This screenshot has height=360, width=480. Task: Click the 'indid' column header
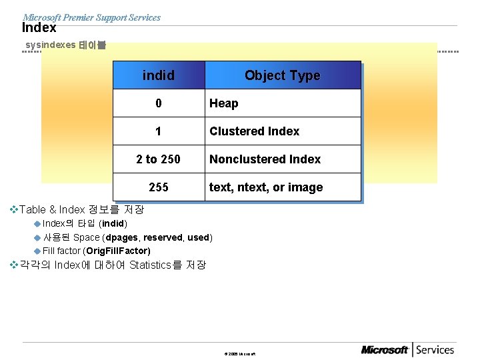[159, 75]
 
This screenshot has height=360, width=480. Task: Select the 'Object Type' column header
[282, 75]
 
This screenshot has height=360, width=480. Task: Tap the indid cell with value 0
[159, 103]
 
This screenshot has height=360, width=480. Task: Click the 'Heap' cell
[224, 103]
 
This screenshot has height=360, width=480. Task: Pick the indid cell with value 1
[159, 131]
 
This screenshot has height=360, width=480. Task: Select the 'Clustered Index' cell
[255, 131]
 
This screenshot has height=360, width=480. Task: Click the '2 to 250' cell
[159, 159]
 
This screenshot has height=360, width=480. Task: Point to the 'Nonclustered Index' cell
[265, 159]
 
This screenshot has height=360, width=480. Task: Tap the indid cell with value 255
[159, 187]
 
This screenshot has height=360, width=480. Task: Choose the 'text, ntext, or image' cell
[266, 187]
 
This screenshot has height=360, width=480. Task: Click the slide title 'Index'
[39, 29]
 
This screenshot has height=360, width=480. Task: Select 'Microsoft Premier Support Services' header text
[91, 17]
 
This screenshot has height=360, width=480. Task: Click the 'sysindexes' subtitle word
[50, 45]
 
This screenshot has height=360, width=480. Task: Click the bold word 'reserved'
[162, 237]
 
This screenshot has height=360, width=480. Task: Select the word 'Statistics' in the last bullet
[151, 265]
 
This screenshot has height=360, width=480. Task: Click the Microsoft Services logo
[407, 350]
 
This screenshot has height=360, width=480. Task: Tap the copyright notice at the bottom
[239, 353]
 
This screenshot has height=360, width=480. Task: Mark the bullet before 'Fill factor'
[37, 251]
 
